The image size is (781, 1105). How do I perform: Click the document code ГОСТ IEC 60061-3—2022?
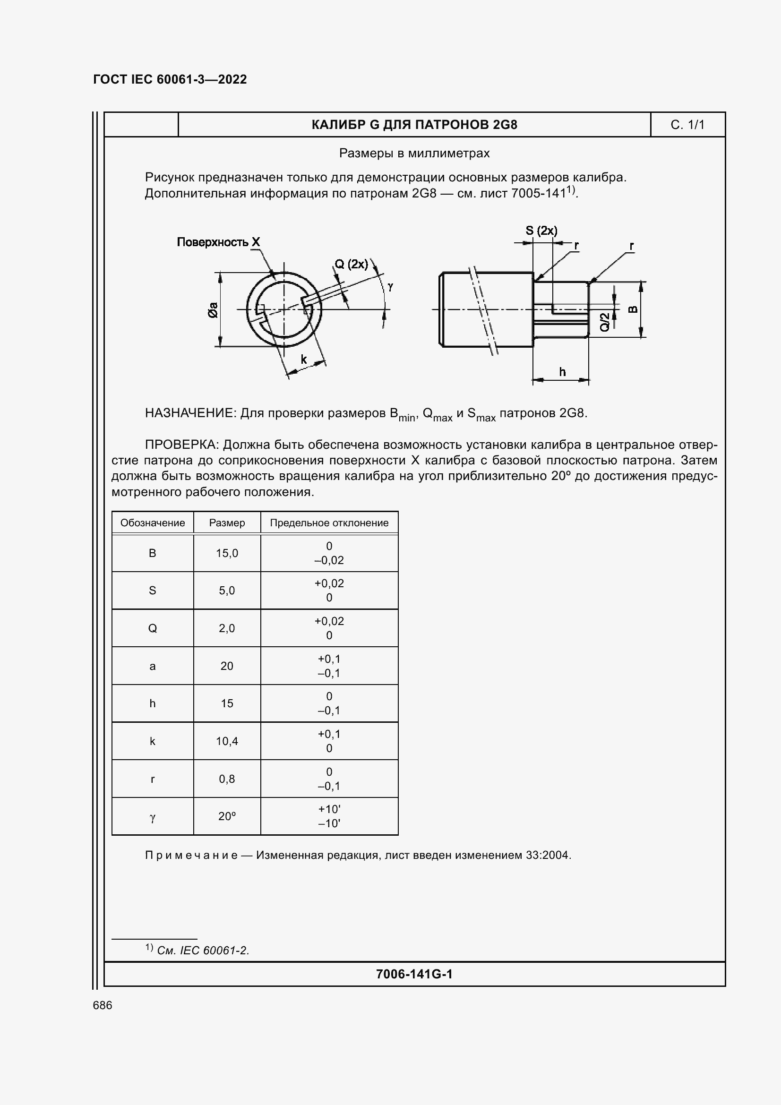click(x=170, y=79)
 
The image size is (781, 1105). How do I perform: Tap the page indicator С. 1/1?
click(x=687, y=125)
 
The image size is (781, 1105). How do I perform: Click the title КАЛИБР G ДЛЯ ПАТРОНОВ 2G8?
click(x=414, y=125)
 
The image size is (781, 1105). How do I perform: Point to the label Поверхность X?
click(x=218, y=242)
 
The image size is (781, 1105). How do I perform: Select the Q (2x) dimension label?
click(x=351, y=264)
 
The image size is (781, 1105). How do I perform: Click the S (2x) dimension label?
click(x=541, y=231)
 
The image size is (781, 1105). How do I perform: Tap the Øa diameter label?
click(x=213, y=309)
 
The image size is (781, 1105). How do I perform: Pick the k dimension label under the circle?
click(x=304, y=360)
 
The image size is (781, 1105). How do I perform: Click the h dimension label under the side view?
click(x=562, y=372)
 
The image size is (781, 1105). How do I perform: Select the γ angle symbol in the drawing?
click(x=390, y=286)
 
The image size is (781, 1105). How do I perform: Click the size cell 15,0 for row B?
click(x=227, y=554)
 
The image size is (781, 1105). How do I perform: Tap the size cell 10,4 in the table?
click(x=227, y=741)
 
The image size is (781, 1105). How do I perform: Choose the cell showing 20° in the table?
click(x=227, y=816)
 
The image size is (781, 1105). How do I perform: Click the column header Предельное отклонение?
click(x=329, y=523)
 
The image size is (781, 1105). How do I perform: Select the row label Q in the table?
click(x=152, y=628)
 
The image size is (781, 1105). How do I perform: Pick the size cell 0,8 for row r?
click(x=227, y=779)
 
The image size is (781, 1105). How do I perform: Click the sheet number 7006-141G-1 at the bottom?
click(x=414, y=974)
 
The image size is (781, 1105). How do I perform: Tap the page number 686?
click(x=103, y=1005)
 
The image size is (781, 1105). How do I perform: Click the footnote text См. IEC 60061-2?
click(x=203, y=951)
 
